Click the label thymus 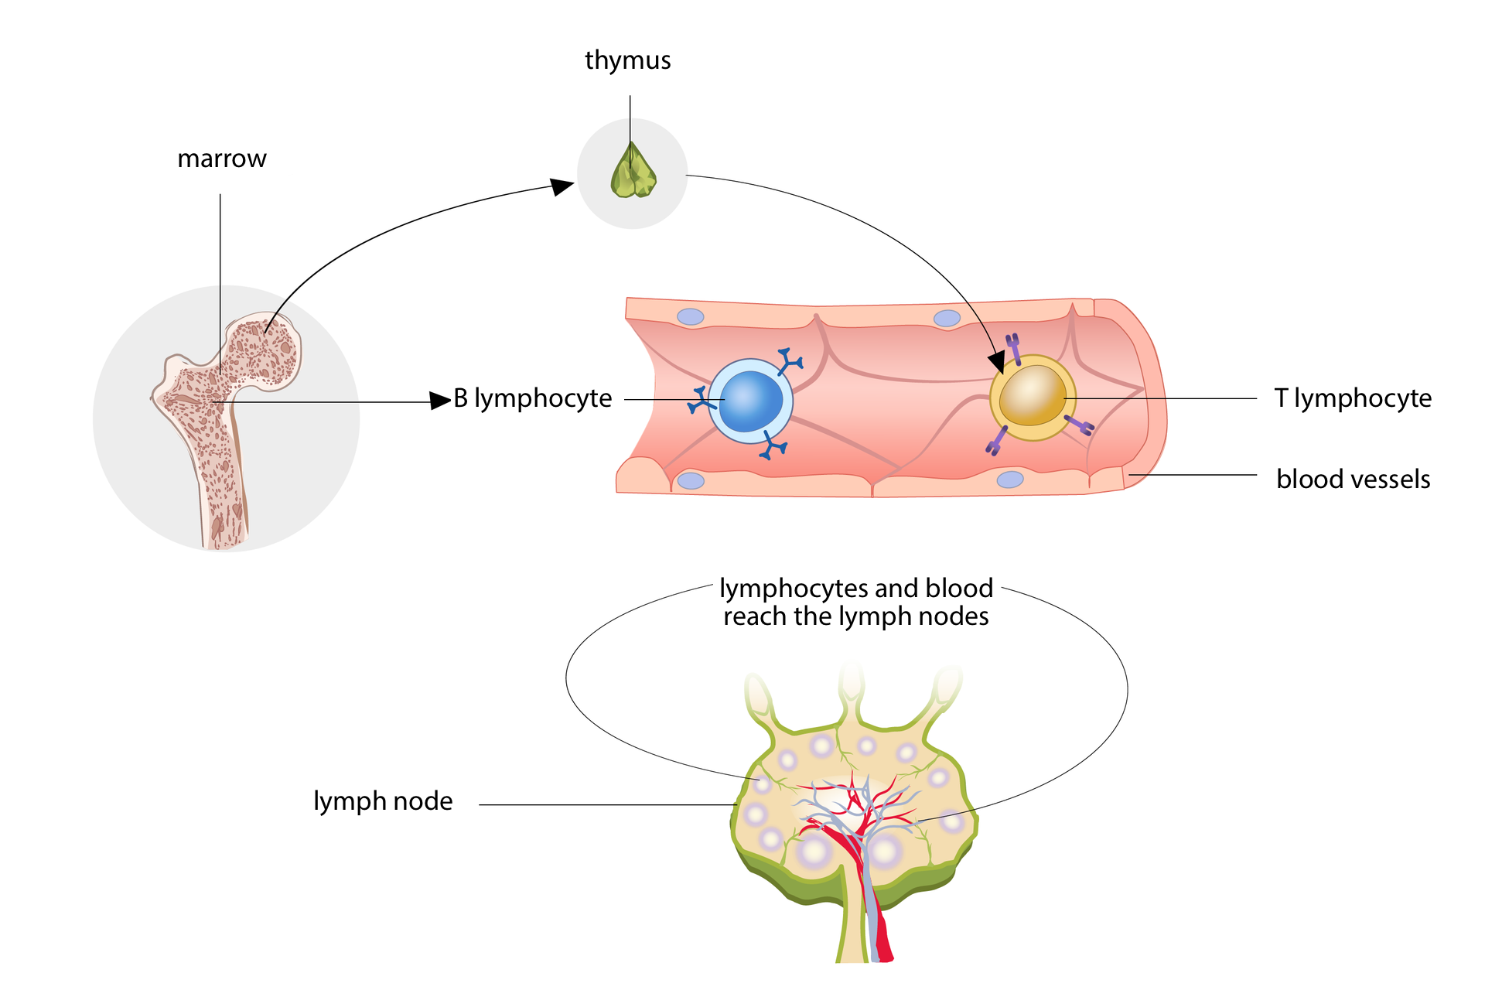click(627, 60)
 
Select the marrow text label click(222, 159)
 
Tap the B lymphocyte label click(533, 398)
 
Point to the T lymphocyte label click(1353, 398)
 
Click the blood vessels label click(1353, 480)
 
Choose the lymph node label click(383, 801)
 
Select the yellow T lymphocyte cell click(1033, 398)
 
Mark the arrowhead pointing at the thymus click(562, 186)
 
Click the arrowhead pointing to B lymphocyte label click(440, 401)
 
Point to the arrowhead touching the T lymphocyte click(997, 361)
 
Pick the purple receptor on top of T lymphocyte click(1013, 347)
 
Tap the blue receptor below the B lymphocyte click(773, 446)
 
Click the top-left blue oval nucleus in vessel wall click(691, 316)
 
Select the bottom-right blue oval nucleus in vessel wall click(1009, 480)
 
